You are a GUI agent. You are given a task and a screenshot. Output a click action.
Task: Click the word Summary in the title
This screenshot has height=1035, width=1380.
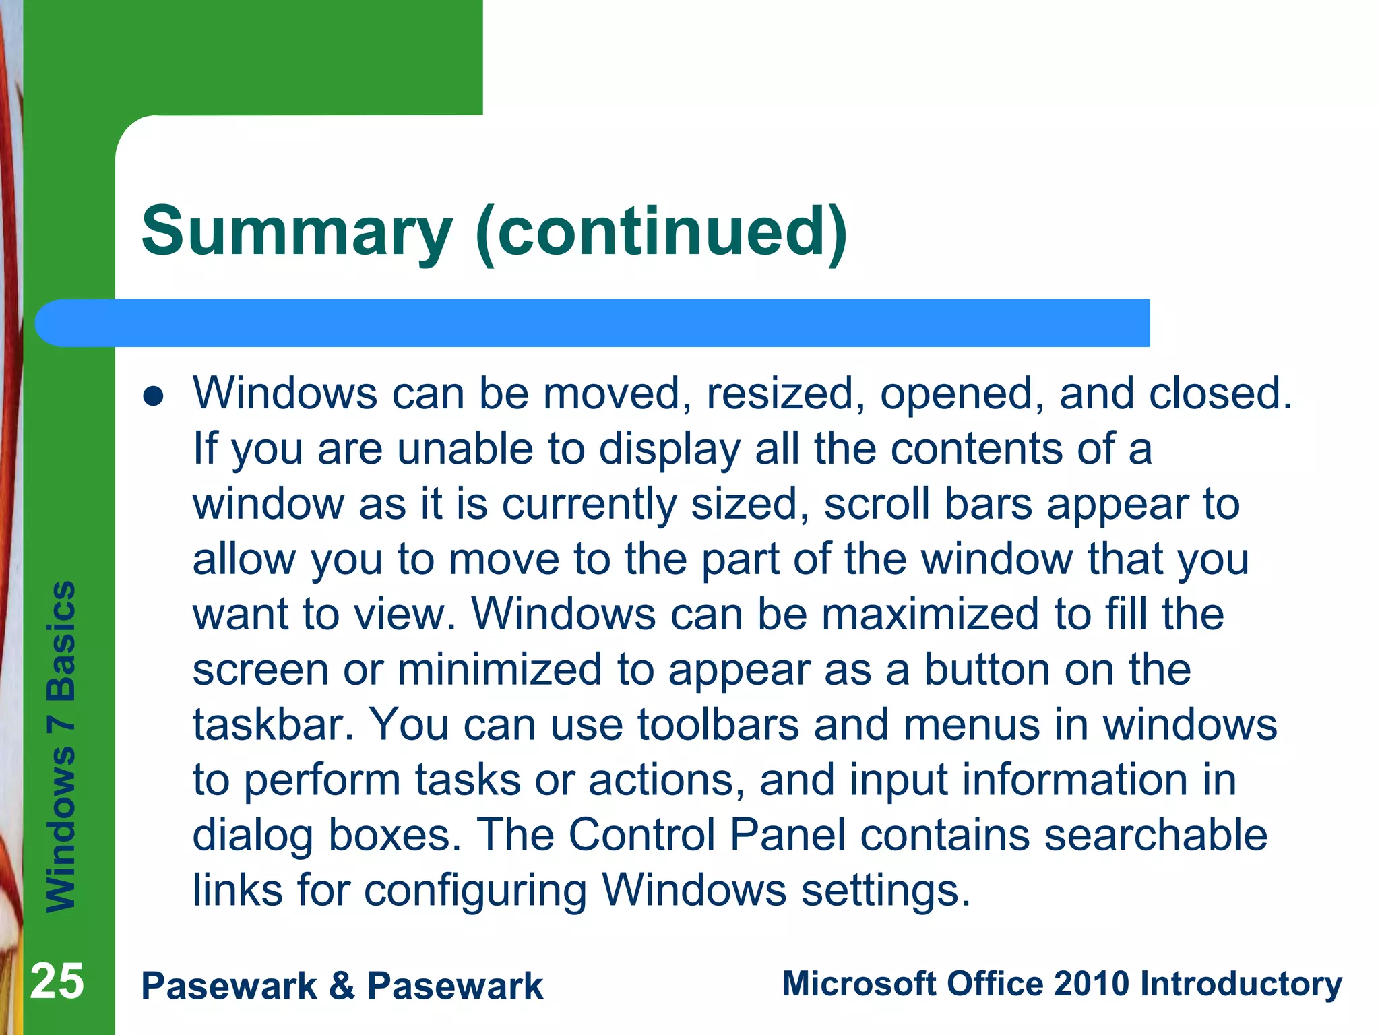tap(296, 232)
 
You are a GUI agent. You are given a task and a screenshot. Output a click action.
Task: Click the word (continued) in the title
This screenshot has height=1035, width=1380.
tap(661, 232)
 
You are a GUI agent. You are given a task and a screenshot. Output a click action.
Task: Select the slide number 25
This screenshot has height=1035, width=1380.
tap(57, 981)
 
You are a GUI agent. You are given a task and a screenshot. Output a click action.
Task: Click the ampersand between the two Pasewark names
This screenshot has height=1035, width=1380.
tap(342, 986)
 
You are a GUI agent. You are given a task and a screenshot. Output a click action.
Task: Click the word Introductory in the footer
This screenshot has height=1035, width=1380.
tap(1241, 984)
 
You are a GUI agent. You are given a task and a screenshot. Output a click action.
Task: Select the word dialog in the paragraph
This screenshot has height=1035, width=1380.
tap(253, 836)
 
